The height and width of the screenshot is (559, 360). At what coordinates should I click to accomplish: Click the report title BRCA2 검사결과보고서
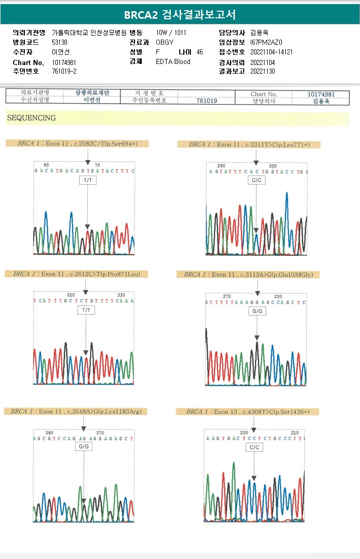pos(180,14)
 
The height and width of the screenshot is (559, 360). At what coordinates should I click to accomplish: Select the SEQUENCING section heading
pos(31,118)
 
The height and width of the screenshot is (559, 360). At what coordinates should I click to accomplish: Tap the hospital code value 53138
pos(59,42)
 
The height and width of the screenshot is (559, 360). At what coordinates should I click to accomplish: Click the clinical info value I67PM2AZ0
pos(266,42)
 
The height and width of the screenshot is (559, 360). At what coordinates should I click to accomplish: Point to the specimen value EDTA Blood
pos(173,61)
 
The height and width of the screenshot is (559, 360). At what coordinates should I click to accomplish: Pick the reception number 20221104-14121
pos(271,52)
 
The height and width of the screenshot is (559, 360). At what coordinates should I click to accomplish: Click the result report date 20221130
pos(263,71)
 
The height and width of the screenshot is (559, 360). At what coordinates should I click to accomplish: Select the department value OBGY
pos(165,42)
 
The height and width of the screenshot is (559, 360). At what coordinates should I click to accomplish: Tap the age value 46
pos(200,52)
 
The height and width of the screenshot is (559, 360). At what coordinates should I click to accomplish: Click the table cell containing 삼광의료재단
pos(92,93)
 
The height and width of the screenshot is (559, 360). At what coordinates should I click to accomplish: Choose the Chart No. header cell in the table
pos(264,94)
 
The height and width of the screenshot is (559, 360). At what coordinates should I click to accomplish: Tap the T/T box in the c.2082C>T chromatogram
pos(87,180)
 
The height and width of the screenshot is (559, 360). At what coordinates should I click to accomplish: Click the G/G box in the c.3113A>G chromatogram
pos(257,310)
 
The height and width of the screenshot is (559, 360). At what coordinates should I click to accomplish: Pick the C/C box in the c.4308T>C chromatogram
pos(254,447)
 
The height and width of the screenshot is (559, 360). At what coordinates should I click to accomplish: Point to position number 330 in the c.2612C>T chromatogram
pos(121,295)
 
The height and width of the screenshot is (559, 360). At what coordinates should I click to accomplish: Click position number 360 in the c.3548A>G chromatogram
pos(49,433)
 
